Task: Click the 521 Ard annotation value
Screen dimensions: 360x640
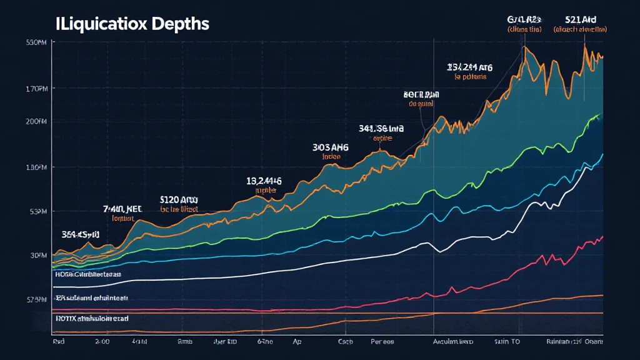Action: (x=581, y=19)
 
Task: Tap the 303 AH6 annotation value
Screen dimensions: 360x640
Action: (x=330, y=147)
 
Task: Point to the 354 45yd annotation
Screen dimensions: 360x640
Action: (x=81, y=234)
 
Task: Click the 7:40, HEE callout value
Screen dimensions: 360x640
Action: (x=122, y=209)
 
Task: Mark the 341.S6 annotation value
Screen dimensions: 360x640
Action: (x=381, y=128)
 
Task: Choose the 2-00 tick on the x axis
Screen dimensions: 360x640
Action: (x=102, y=342)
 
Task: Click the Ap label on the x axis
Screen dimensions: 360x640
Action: (x=297, y=342)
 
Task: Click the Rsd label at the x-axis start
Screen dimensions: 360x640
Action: (x=60, y=342)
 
